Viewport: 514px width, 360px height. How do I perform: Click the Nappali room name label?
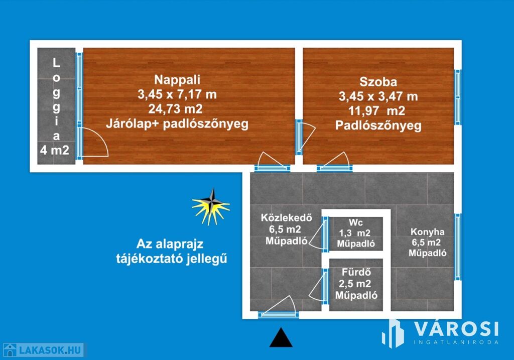click(x=177, y=79)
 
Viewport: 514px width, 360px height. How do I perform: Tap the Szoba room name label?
click(x=378, y=82)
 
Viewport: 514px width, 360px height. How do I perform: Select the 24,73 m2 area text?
click(x=177, y=108)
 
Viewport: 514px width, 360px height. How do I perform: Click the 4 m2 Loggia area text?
click(x=56, y=149)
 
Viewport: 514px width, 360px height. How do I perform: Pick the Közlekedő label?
click(x=287, y=218)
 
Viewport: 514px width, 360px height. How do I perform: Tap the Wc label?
click(x=356, y=222)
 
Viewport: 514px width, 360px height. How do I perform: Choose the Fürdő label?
click(x=356, y=273)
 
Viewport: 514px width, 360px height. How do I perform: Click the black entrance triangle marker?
click(x=281, y=337)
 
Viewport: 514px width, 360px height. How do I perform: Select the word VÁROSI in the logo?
click(x=456, y=329)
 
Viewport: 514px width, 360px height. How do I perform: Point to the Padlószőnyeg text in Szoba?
click(x=378, y=126)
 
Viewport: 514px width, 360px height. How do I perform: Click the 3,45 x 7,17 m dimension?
click(x=177, y=94)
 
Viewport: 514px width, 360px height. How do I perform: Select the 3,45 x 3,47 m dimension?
click(x=378, y=96)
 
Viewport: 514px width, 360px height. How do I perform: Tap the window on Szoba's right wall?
click(x=457, y=96)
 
